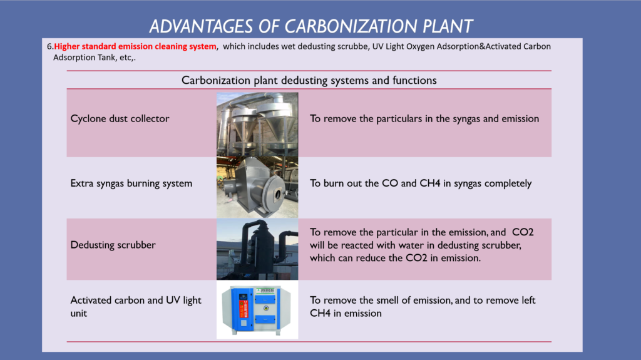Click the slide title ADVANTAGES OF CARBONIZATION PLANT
click(311, 26)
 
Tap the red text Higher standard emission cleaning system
click(135, 46)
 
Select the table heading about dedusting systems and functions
click(309, 80)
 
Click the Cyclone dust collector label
click(120, 118)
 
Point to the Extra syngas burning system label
click(131, 183)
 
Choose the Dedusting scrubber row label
click(113, 245)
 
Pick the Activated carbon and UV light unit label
click(136, 306)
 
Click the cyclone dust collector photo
click(257, 125)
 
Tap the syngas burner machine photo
click(257, 187)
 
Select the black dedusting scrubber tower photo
click(257, 249)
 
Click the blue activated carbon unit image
click(257, 310)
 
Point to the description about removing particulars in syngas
click(424, 118)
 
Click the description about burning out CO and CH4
click(421, 183)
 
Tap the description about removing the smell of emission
click(423, 306)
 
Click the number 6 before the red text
click(50, 46)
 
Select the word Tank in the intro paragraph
click(106, 58)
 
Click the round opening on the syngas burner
click(278, 194)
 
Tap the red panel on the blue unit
click(244, 309)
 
